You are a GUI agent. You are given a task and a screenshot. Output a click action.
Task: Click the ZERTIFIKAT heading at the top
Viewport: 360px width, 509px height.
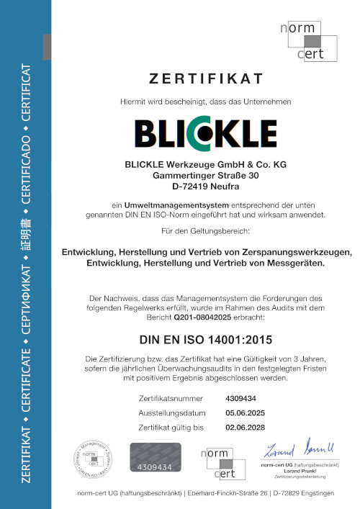coord(205,78)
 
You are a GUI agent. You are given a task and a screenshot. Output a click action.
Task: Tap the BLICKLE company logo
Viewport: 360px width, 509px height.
coord(205,133)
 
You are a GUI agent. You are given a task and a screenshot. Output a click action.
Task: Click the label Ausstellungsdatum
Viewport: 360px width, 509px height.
coord(170,413)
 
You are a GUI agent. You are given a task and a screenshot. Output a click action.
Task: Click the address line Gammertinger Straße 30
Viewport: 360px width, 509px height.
coord(205,175)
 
